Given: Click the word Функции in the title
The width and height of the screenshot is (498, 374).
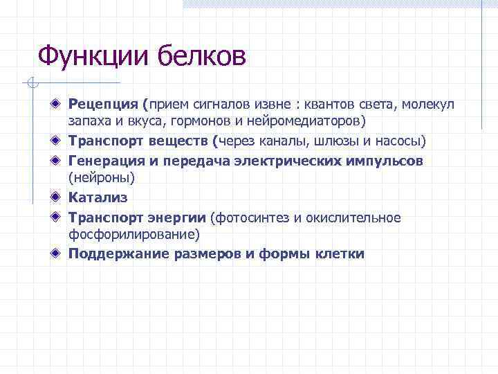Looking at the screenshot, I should [x=94, y=56].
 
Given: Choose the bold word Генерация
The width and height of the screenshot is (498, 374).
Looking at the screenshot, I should [x=107, y=161].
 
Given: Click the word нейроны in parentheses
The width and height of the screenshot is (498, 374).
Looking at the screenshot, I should [x=101, y=177].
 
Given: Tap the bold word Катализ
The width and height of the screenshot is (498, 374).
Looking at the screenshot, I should [x=98, y=198].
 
